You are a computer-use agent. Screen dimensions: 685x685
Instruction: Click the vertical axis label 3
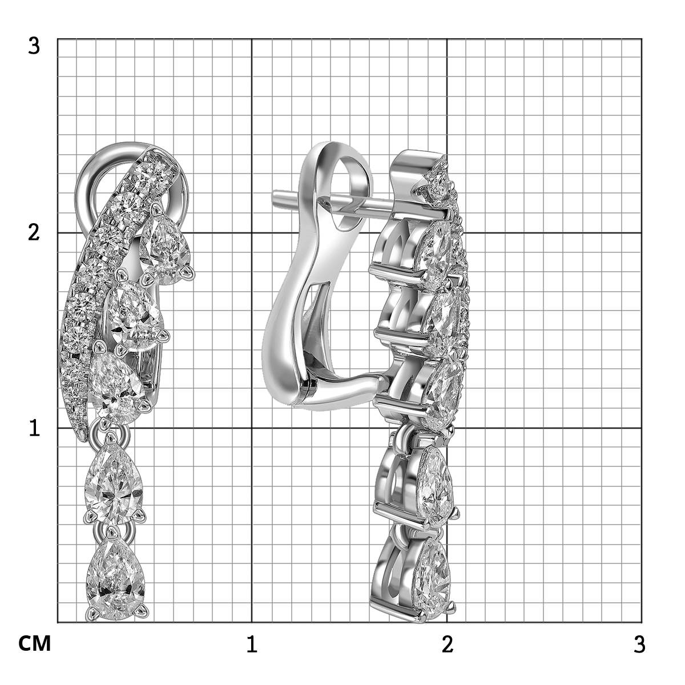point(34,47)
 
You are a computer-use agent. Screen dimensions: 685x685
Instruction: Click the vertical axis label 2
point(34,233)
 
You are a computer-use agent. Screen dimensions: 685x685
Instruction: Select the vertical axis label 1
point(34,428)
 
